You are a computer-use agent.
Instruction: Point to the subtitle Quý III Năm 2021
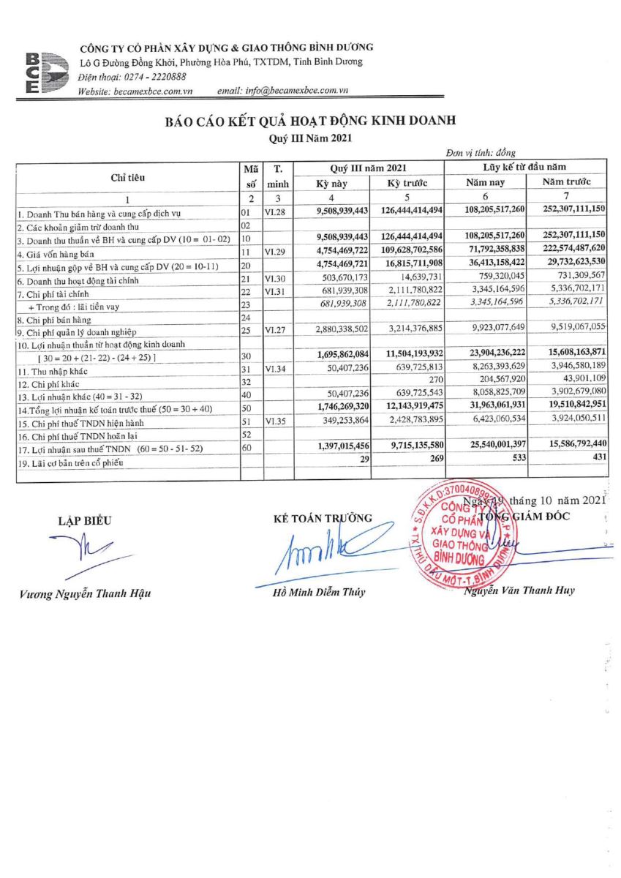pyautogui.click(x=310, y=137)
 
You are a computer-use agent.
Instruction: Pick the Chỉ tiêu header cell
pyautogui.click(x=128, y=176)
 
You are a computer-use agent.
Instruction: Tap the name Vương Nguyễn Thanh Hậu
pyautogui.click(x=85, y=593)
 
